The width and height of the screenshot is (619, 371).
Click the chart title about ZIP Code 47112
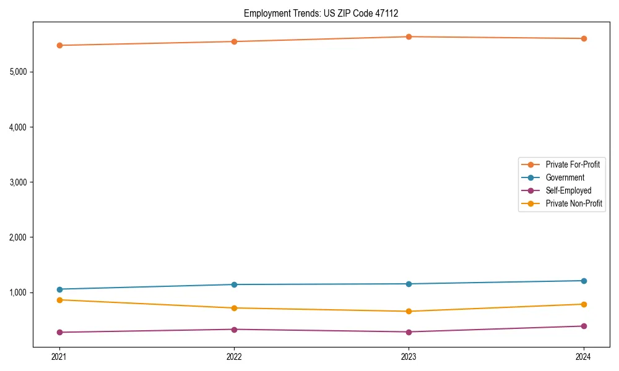(x=326, y=13)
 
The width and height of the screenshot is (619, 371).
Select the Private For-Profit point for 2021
(x=59, y=45)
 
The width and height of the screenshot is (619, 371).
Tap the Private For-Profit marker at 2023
(x=409, y=36)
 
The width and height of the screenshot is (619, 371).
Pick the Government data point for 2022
(x=234, y=284)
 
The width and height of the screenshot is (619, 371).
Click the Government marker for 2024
(x=584, y=281)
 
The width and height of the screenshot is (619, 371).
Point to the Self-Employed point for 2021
(x=59, y=332)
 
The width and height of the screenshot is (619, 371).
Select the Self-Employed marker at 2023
(x=409, y=332)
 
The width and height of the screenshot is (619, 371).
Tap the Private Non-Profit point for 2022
(x=234, y=308)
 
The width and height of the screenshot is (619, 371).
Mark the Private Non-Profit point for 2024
(x=584, y=304)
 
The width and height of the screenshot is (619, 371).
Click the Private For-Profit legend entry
(x=572, y=164)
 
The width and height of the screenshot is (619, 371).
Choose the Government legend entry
(x=565, y=177)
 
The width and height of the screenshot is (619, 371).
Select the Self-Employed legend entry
(x=568, y=190)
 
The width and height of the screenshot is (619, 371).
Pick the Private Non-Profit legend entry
(x=574, y=203)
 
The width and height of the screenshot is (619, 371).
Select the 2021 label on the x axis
(x=59, y=357)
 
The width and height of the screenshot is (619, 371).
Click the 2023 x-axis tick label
(x=409, y=357)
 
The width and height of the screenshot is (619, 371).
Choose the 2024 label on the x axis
(x=584, y=357)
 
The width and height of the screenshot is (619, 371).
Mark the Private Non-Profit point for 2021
(x=59, y=300)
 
